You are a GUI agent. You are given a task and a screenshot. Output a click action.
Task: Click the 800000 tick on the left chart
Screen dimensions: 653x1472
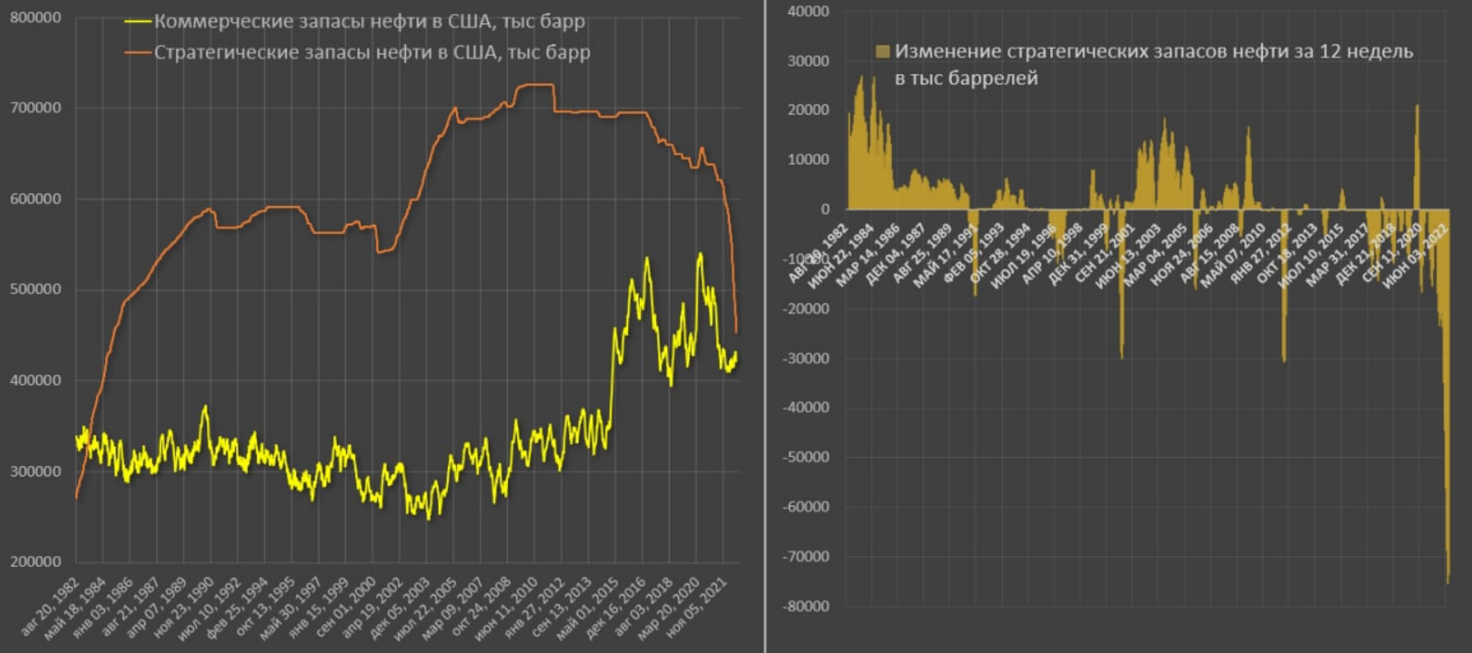pos(35,18)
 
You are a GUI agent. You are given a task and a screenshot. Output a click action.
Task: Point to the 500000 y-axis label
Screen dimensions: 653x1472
pos(35,290)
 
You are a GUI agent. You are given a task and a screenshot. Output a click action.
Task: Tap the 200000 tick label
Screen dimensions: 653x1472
pos(35,561)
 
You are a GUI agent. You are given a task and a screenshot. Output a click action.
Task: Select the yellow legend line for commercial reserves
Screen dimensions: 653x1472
pos(138,21)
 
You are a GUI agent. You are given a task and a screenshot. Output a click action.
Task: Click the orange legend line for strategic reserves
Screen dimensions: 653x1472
pos(138,53)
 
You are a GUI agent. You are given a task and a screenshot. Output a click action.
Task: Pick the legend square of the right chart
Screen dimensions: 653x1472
pos(883,52)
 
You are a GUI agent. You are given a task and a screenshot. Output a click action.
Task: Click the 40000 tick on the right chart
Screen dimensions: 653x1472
pos(808,11)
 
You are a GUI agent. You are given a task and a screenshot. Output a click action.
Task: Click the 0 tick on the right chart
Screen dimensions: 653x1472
pos(824,209)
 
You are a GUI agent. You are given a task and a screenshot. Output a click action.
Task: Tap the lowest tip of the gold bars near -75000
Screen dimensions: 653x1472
pos(1448,583)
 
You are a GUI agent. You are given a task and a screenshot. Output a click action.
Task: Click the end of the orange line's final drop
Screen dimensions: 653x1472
pos(736,331)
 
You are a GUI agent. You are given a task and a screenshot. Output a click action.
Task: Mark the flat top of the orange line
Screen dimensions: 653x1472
pos(536,85)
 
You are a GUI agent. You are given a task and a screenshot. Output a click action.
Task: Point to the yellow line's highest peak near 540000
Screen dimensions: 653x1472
pos(699,253)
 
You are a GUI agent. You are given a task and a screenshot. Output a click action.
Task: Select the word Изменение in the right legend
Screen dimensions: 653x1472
pos(939,52)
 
